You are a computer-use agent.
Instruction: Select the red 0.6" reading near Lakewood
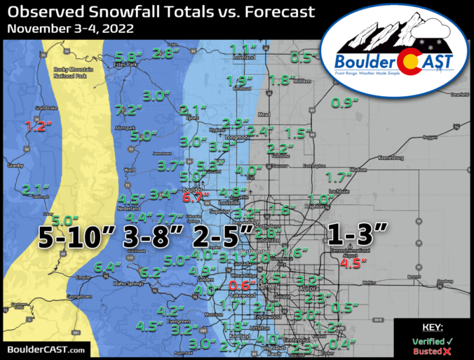coord(241,286)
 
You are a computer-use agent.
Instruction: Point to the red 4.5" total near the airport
coord(349,264)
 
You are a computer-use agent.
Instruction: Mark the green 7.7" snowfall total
coord(170,218)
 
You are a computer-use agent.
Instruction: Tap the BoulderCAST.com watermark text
coord(46,349)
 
